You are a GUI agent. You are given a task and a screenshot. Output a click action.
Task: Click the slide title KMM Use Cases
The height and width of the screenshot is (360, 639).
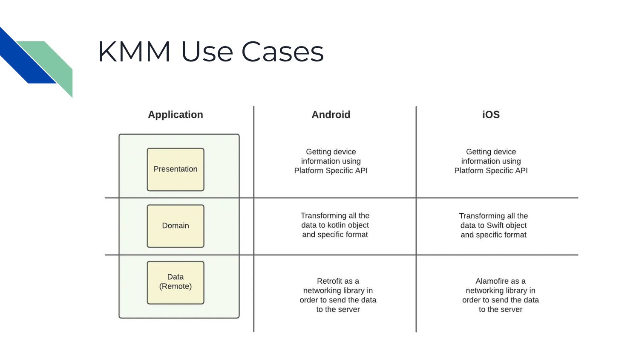[211, 52]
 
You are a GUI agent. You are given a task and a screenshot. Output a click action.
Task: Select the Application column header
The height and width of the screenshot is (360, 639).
[176, 115]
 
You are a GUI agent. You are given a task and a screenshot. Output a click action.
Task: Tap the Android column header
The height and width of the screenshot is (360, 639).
[331, 115]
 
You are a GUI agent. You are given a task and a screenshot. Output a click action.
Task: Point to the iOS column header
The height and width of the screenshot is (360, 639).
[491, 115]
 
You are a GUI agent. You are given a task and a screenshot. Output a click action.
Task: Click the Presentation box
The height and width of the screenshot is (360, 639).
[176, 169]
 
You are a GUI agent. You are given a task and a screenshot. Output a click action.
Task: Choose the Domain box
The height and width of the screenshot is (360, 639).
[176, 226]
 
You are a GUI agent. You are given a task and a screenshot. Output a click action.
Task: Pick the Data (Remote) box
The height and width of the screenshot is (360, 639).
[176, 282]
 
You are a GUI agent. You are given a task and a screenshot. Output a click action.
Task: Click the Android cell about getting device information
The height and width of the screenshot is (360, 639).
[331, 161]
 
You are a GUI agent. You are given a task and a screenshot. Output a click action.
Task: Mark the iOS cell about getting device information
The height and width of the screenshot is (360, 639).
[491, 161]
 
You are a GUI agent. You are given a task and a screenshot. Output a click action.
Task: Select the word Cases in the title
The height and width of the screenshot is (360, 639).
[282, 52]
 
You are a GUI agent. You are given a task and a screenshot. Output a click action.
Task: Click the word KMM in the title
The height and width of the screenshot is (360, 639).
[134, 52]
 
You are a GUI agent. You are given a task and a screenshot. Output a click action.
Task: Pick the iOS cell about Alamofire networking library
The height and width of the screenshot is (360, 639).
[501, 295]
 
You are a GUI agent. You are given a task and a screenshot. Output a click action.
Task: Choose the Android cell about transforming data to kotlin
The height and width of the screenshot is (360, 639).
[335, 225]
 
